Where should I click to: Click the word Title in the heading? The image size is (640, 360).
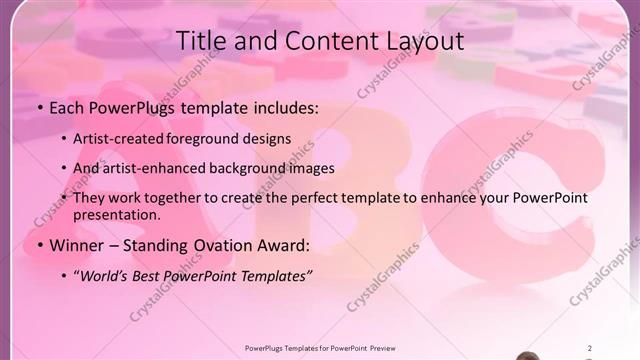point(200,41)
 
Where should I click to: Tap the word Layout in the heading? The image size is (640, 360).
point(425,41)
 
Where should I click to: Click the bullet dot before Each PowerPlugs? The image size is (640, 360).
point(39,107)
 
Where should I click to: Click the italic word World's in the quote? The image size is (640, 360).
point(106,276)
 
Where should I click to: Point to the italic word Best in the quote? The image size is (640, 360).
point(152,276)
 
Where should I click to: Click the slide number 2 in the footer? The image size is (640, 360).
point(589,348)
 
